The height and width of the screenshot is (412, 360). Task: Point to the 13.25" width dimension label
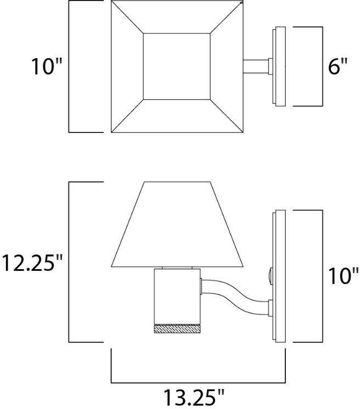[x=195, y=397]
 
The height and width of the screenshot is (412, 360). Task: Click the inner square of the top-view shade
[x=177, y=66]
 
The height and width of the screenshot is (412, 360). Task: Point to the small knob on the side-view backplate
[x=271, y=273]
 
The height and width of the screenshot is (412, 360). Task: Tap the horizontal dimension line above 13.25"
[x=198, y=382]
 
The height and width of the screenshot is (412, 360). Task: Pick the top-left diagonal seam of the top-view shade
[x=127, y=18]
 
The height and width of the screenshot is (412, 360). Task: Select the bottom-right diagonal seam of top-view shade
[x=226, y=116]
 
